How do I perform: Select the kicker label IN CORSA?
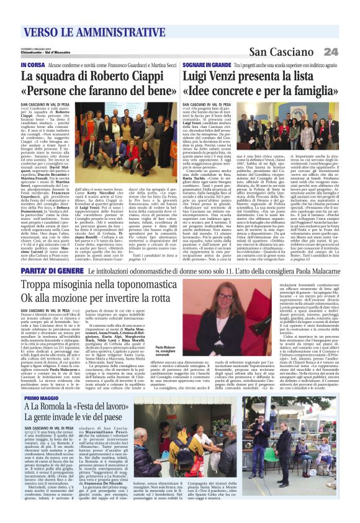(x=32, y=65)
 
